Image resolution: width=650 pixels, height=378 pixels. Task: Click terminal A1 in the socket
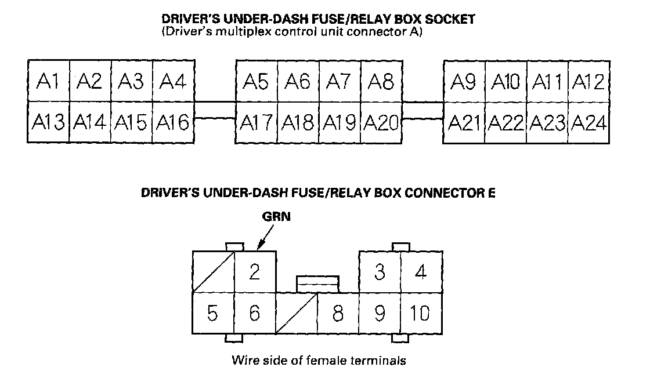(x=49, y=81)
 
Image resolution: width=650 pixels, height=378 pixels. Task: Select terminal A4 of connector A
(x=173, y=81)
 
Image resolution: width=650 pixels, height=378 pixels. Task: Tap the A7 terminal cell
(x=340, y=81)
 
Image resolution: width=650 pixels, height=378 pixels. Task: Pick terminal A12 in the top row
(x=588, y=81)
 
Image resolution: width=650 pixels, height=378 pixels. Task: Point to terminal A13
(x=49, y=122)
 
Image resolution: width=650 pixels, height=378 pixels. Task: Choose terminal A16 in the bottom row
(x=173, y=122)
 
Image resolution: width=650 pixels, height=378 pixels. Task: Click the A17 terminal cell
(x=257, y=122)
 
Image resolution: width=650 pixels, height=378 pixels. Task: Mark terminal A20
(x=381, y=122)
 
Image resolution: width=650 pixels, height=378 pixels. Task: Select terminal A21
(x=464, y=122)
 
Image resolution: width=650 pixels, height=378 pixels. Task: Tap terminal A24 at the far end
(x=589, y=122)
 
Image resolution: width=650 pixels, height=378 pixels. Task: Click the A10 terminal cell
(x=505, y=81)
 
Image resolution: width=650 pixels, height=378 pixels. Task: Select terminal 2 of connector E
(x=255, y=271)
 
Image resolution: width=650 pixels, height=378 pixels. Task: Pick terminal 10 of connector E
(x=421, y=313)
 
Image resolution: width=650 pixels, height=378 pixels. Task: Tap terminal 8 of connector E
(x=338, y=313)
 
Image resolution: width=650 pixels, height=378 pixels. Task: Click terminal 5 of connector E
(x=213, y=313)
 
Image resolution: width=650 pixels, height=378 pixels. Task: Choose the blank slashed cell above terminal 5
(x=213, y=271)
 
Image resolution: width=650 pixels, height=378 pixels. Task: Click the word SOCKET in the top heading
(x=453, y=19)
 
